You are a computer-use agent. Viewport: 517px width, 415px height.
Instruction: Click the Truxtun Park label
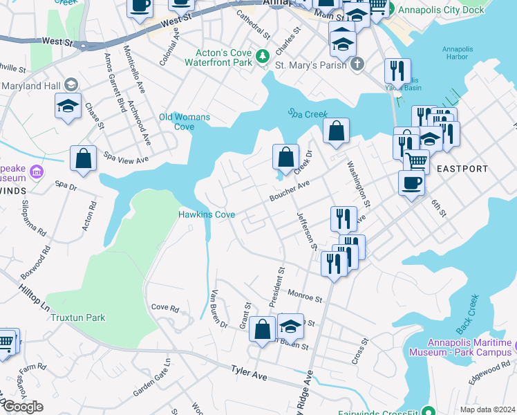(x=77, y=317)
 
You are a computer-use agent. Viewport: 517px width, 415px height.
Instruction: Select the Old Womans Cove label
(x=185, y=122)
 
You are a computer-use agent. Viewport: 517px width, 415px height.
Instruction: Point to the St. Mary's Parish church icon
(x=357, y=65)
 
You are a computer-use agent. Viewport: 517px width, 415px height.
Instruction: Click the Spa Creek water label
(x=307, y=114)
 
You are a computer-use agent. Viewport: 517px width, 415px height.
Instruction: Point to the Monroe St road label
(x=305, y=297)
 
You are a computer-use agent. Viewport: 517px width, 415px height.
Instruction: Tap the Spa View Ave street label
(x=126, y=158)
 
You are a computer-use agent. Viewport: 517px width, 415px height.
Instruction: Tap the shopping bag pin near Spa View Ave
(x=83, y=158)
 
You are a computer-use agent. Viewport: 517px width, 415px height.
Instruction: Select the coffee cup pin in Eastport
(x=412, y=183)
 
